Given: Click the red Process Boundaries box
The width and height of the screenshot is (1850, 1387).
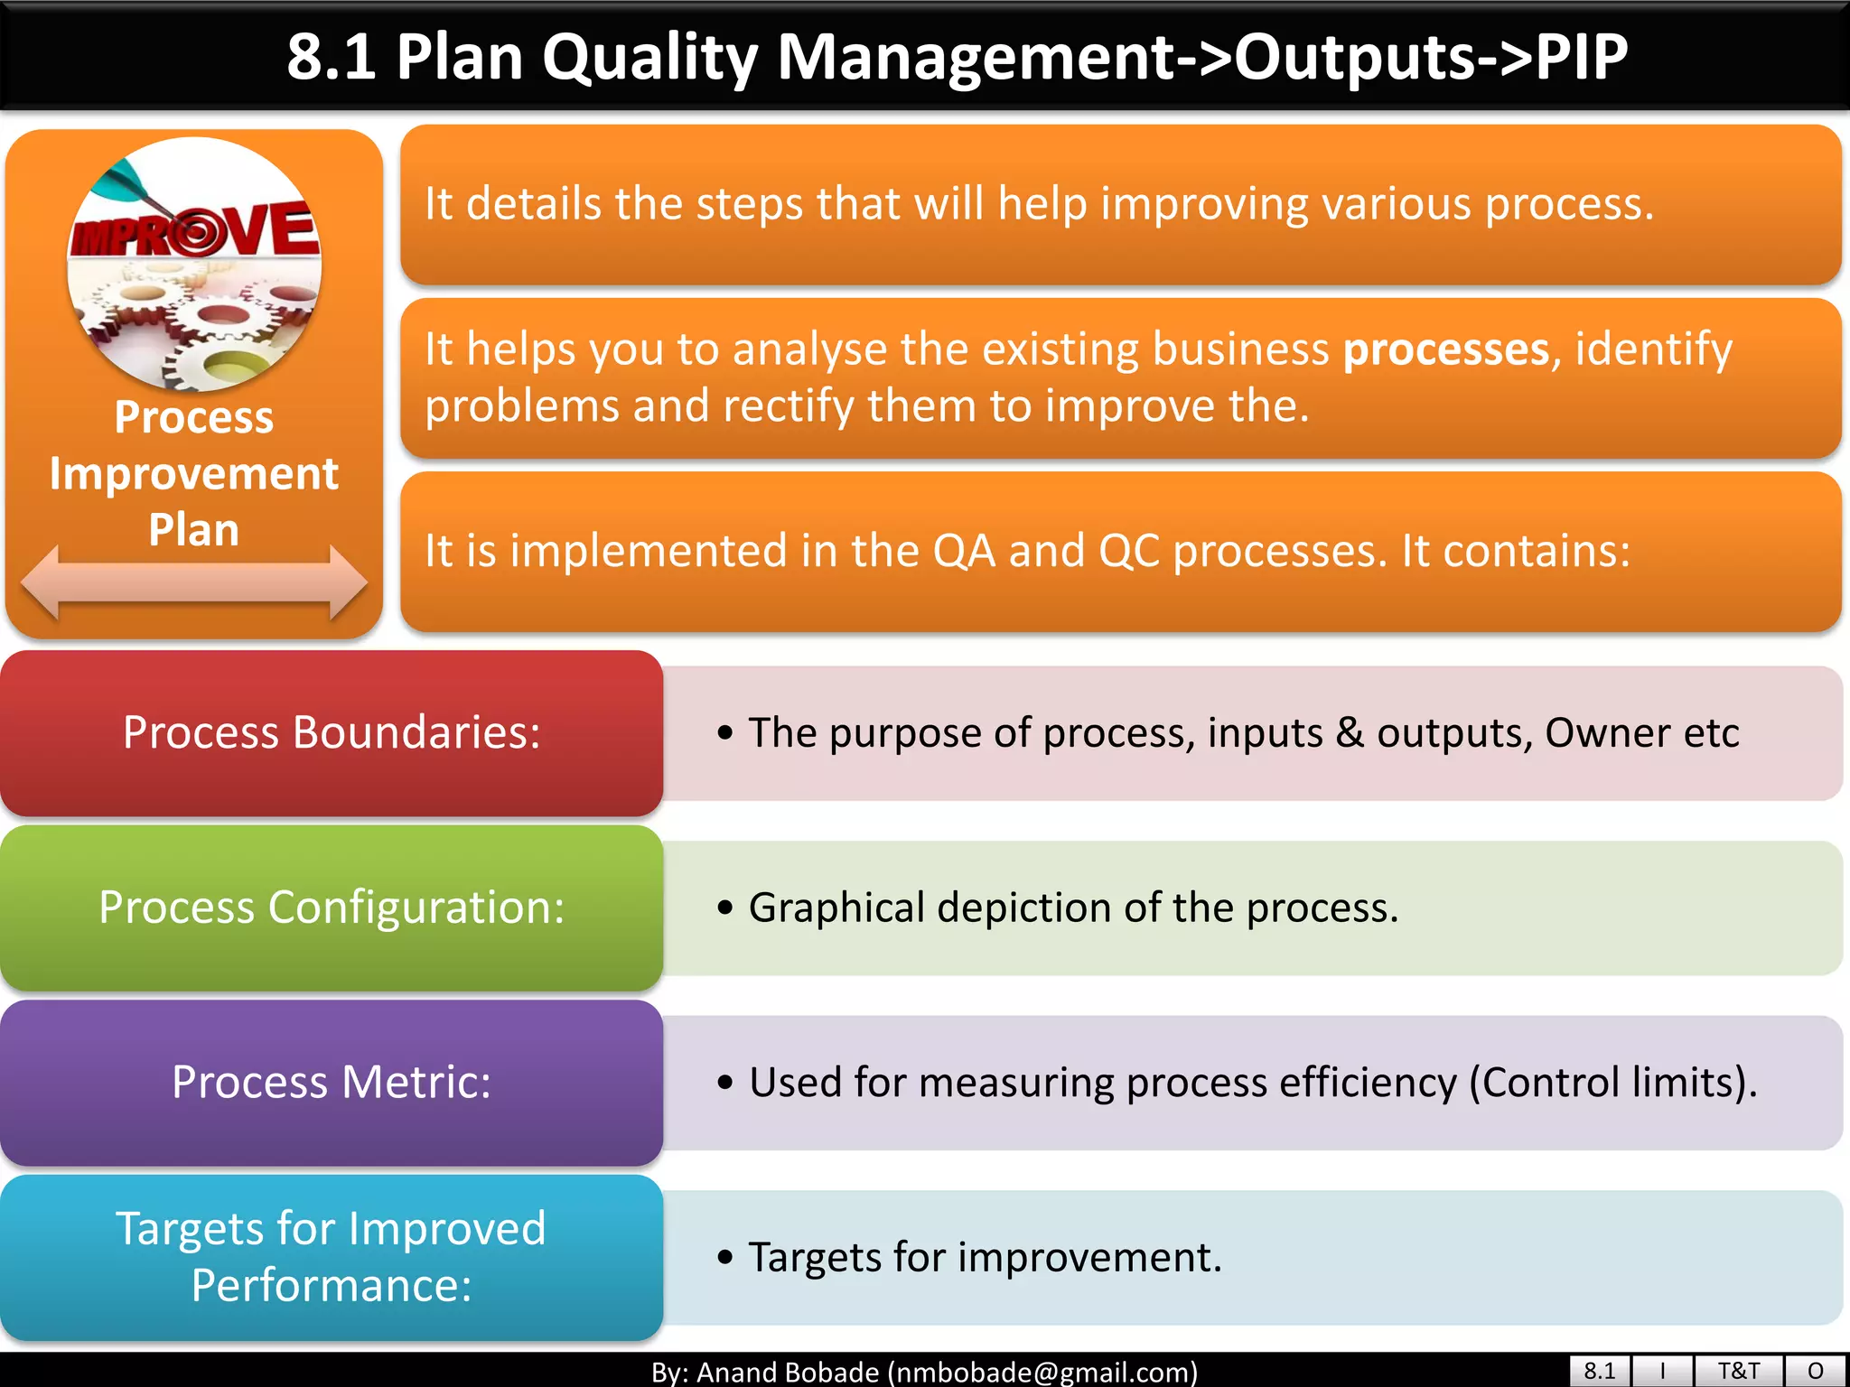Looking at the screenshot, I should pos(332,732).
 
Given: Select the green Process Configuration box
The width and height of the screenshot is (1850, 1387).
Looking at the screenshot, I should pos(332,908).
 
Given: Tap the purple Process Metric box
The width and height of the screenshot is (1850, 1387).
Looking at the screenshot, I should pos(332,1082).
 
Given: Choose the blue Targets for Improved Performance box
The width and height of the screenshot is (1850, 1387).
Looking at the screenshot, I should pos(332,1256).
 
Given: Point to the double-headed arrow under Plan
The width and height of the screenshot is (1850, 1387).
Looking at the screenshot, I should pos(193,582).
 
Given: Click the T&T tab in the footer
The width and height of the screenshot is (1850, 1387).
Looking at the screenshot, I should pos(1738,1371).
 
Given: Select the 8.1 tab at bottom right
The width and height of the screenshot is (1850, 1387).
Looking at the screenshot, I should pos(1599,1371).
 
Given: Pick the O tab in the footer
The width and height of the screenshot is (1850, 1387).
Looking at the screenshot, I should pos(1816,1371).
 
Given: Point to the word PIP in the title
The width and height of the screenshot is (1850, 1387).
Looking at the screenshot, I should pos(1581,57).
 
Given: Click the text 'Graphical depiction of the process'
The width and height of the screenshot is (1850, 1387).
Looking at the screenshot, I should pos(1073,908).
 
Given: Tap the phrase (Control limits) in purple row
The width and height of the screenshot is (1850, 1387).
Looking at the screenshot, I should pos(1612,1083).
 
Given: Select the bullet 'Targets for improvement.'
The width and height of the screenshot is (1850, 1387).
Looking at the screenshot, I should pos(985,1257).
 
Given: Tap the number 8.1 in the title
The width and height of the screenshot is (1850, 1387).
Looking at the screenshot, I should pos(331,57).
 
